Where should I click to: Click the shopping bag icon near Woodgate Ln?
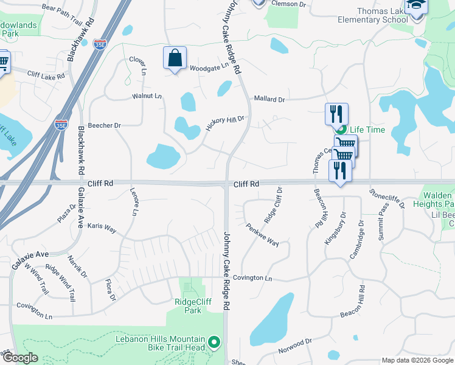(175, 58)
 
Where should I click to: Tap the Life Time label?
(367, 130)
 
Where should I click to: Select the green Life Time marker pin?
(341, 130)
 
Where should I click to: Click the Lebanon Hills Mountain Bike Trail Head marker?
(214, 342)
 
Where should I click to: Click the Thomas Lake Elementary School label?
(373, 15)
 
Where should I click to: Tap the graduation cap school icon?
(417, 6)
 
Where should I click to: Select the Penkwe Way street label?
(263, 234)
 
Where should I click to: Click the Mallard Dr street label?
(269, 99)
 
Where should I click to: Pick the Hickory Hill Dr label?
(224, 123)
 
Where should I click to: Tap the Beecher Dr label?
(105, 125)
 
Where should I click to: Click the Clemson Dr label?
(290, 4)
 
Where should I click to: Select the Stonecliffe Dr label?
(387, 198)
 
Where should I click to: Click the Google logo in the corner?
(19, 358)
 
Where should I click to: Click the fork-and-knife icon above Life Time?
(336, 114)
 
